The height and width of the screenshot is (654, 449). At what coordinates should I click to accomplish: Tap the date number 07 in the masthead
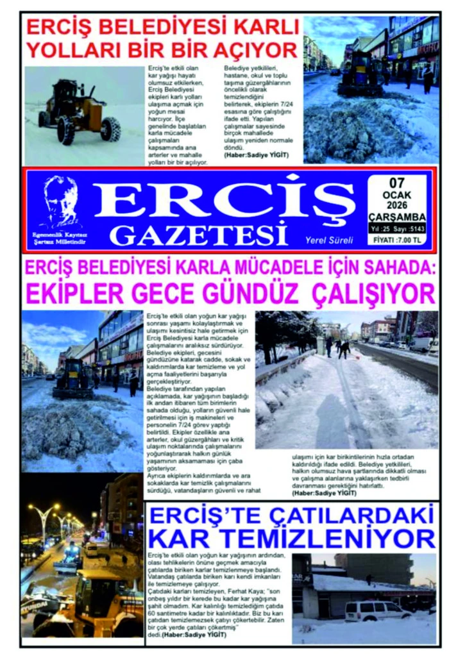point(397,183)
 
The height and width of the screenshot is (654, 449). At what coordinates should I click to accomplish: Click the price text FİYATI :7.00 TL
point(397,240)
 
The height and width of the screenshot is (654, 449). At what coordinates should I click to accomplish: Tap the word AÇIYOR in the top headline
point(257,49)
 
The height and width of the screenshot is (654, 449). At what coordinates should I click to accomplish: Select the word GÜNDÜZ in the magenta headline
point(253,294)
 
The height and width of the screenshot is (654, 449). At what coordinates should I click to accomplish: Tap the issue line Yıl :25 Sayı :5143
point(397,228)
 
